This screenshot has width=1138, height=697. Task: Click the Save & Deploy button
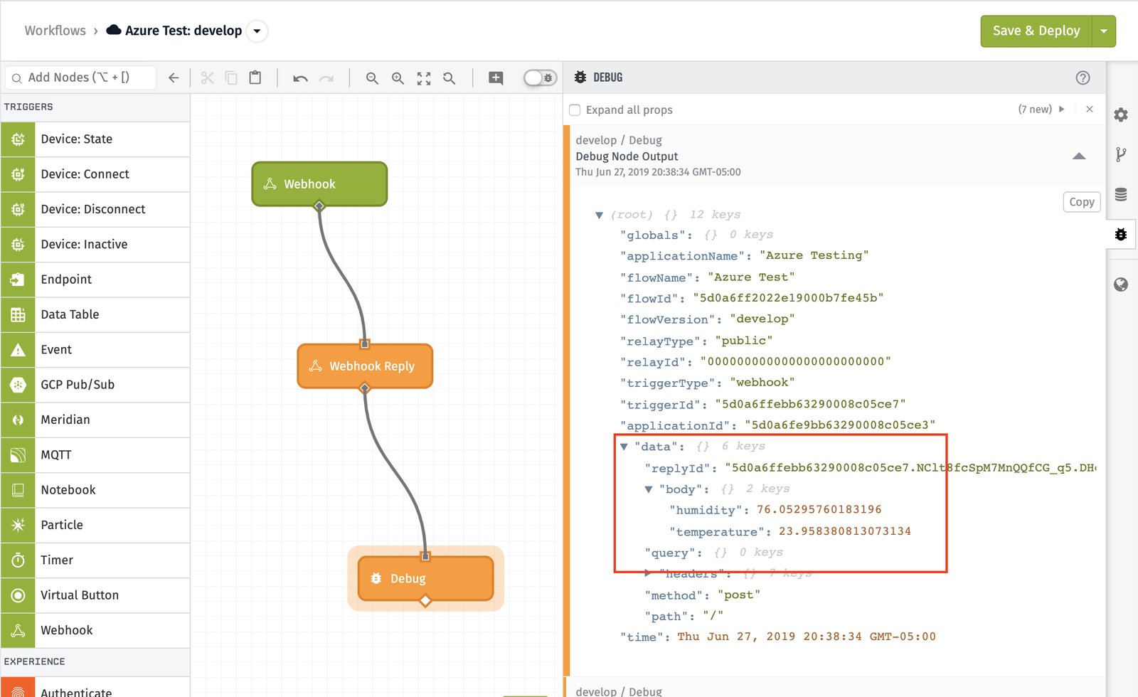pyautogui.click(x=1036, y=31)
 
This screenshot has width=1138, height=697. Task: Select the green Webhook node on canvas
pyautogui.click(x=319, y=183)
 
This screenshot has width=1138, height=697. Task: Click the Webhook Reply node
pyautogui.click(x=365, y=366)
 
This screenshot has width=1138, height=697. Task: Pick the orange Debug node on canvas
pyautogui.click(x=425, y=578)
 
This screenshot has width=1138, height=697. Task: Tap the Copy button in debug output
pyautogui.click(x=1081, y=202)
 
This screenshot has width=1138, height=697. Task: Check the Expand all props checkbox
pyautogui.click(x=575, y=110)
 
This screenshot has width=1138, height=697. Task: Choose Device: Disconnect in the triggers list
pyautogui.click(x=93, y=209)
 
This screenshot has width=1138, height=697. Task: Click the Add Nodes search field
pyautogui.click(x=82, y=78)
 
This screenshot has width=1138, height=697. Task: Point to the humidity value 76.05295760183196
pyautogui.click(x=819, y=510)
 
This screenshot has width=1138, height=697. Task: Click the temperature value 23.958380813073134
pyautogui.click(x=844, y=531)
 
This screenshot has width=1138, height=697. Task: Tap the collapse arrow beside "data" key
pyautogui.click(x=624, y=447)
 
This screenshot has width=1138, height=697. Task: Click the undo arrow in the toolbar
pyautogui.click(x=300, y=78)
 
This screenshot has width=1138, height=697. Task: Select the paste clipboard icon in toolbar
pyautogui.click(x=255, y=78)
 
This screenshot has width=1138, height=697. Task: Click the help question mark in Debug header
pyautogui.click(x=1083, y=78)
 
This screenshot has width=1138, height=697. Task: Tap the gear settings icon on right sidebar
pyautogui.click(x=1121, y=115)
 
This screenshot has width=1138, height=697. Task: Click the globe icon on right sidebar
pyautogui.click(x=1121, y=284)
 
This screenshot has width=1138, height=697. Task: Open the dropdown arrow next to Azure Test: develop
pyautogui.click(x=257, y=31)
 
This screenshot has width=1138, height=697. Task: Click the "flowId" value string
pyautogui.click(x=787, y=298)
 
